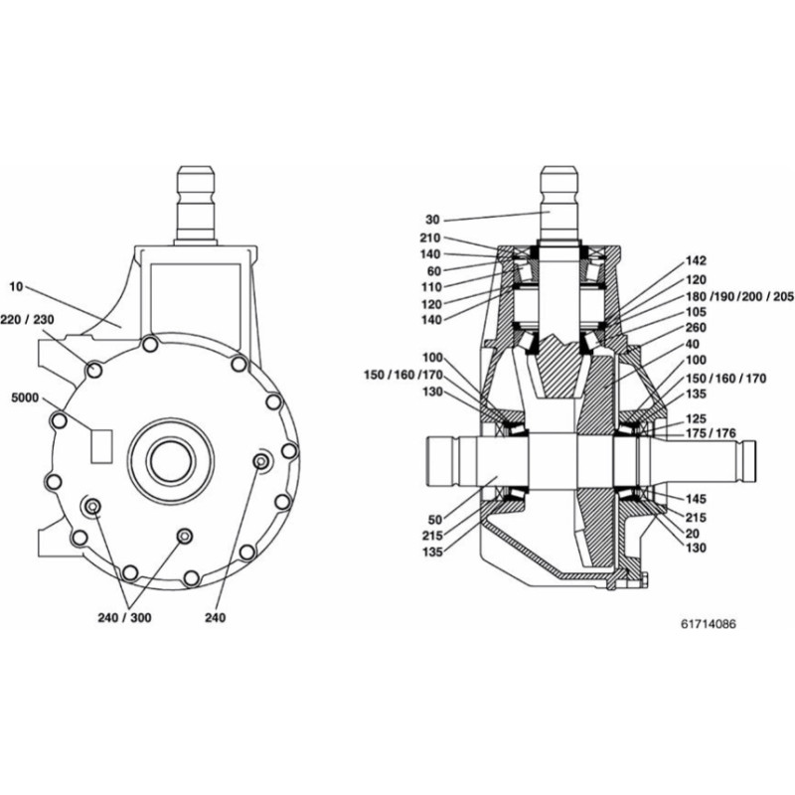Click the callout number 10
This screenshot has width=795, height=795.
15,286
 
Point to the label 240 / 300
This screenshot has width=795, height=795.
126,617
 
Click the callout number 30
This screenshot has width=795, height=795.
431,219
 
